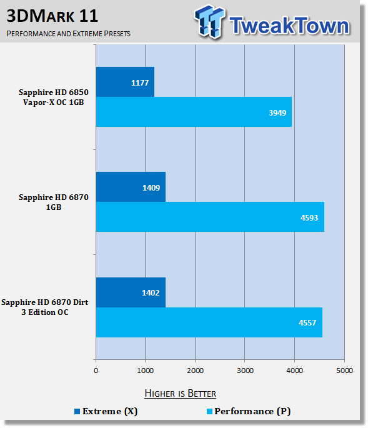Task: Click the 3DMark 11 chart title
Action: click(x=52, y=16)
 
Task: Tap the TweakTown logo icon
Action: click(x=210, y=21)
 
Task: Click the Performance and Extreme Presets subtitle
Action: click(x=68, y=34)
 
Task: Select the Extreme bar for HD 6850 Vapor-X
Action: click(x=125, y=82)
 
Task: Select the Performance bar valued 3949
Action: click(x=194, y=112)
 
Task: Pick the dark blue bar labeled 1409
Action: click(x=131, y=187)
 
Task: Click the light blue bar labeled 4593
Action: click(x=210, y=217)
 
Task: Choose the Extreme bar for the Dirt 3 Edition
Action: click(x=131, y=292)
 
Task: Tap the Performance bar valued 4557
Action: click(x=209, y=322)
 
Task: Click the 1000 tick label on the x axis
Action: click(x=145, y=371)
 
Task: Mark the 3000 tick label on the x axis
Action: click(x=245, y=371)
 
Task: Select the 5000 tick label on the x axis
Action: click(x=344, y=371)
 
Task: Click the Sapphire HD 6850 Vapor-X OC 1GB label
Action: click(x=54, y=97)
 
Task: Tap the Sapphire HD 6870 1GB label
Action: click(x=54, y=202)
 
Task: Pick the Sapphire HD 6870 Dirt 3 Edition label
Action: click(x=45, y=307)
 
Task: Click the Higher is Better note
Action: click(x=180, y=394)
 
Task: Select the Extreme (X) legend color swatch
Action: click(x=77, y=411)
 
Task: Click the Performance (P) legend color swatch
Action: click(x=209, y=411)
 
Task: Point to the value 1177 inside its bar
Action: click(x=140, y=82)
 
